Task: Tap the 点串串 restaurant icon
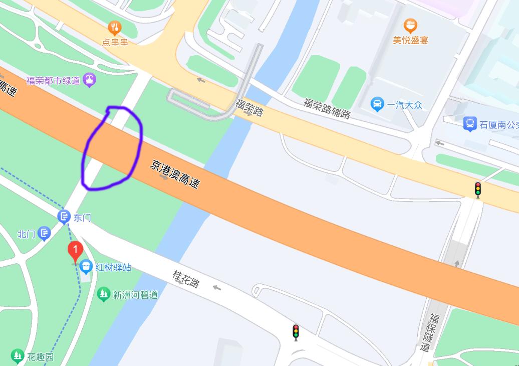tap(115, 28)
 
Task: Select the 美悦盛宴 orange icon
tap(410, 26)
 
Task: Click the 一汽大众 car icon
tap(377, 104)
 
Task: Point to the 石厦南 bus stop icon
tap(469, 123)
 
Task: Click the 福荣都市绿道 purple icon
tap(90, 79)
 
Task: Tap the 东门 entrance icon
tap(64, 217)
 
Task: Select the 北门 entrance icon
tap(45, 233)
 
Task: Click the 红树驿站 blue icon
tap(86, 266)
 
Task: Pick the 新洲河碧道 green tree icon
tap(104, 293)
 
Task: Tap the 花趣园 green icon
tap(18, 356)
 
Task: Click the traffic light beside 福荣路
tap(478, 189)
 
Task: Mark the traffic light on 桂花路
tap(296, 332)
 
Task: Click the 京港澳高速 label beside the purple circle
tap(174, 174)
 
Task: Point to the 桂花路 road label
tap(186, 279)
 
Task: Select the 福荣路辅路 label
tap(327, 108)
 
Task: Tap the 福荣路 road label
tap(249, 107)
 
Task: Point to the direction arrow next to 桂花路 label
tap(217, 287)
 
